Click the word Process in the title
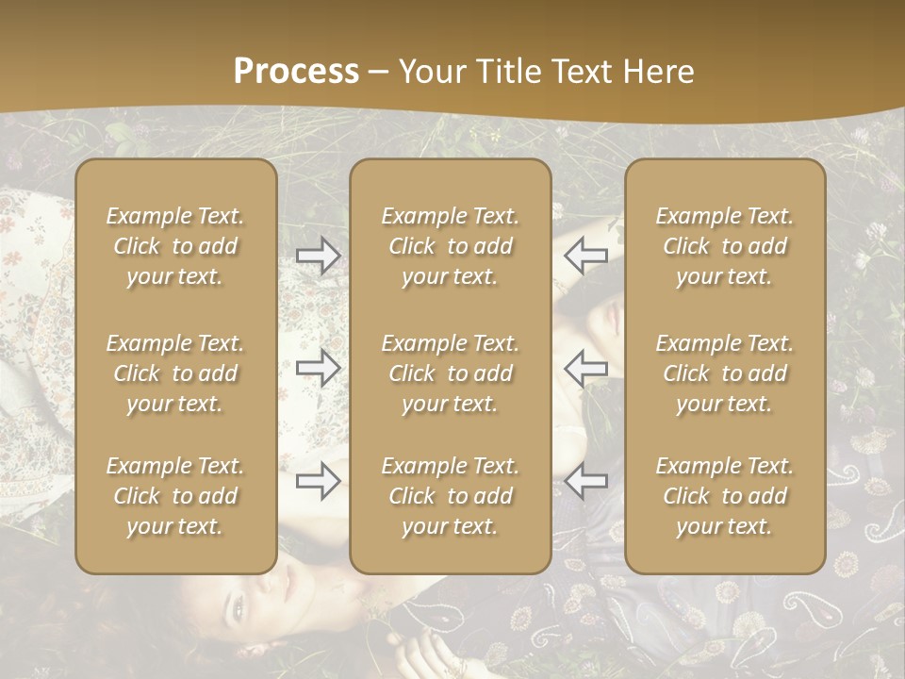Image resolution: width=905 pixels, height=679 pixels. pos(296,72)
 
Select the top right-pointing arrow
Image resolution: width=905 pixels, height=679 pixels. pos(318,255)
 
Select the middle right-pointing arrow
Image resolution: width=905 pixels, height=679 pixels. pos(318,367)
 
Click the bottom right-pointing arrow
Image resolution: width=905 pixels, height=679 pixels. pos(318,481)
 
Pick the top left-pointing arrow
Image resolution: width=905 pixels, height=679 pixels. pos(585,255)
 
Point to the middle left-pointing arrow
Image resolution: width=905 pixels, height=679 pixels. pos(585,367)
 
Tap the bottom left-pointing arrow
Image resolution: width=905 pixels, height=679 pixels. pos(585,481)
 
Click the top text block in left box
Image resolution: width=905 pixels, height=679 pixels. pos(175,246)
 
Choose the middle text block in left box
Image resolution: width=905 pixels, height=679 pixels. pos(175,373)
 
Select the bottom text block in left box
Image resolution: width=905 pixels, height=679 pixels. pos(175,496)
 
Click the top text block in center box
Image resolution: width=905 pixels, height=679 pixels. pos(450,246)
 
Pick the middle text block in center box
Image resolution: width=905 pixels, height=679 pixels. pos(450,373)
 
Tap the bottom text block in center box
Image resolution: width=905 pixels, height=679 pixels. pos(450,496)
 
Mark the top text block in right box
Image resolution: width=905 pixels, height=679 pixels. pos(724,246)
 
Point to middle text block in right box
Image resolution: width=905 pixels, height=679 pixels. pos(724,373)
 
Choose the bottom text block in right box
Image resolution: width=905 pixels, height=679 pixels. pos(724,496)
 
